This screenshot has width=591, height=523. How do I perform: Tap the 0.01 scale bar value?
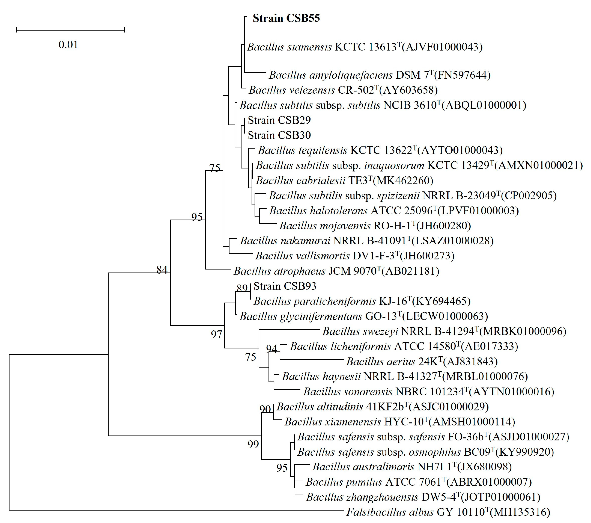[68, 45]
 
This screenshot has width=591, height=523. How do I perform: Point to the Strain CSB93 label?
[285, 286]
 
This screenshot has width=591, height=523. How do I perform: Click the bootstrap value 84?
[162, 270]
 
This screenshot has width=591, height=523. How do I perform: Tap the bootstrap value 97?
[216, 334]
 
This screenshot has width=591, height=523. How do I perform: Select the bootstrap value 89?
[242, 288]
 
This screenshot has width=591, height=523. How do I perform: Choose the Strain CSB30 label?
[279, 135]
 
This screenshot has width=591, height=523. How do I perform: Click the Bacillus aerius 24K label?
[422, 362]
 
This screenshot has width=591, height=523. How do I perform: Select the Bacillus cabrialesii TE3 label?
[344, 181]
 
